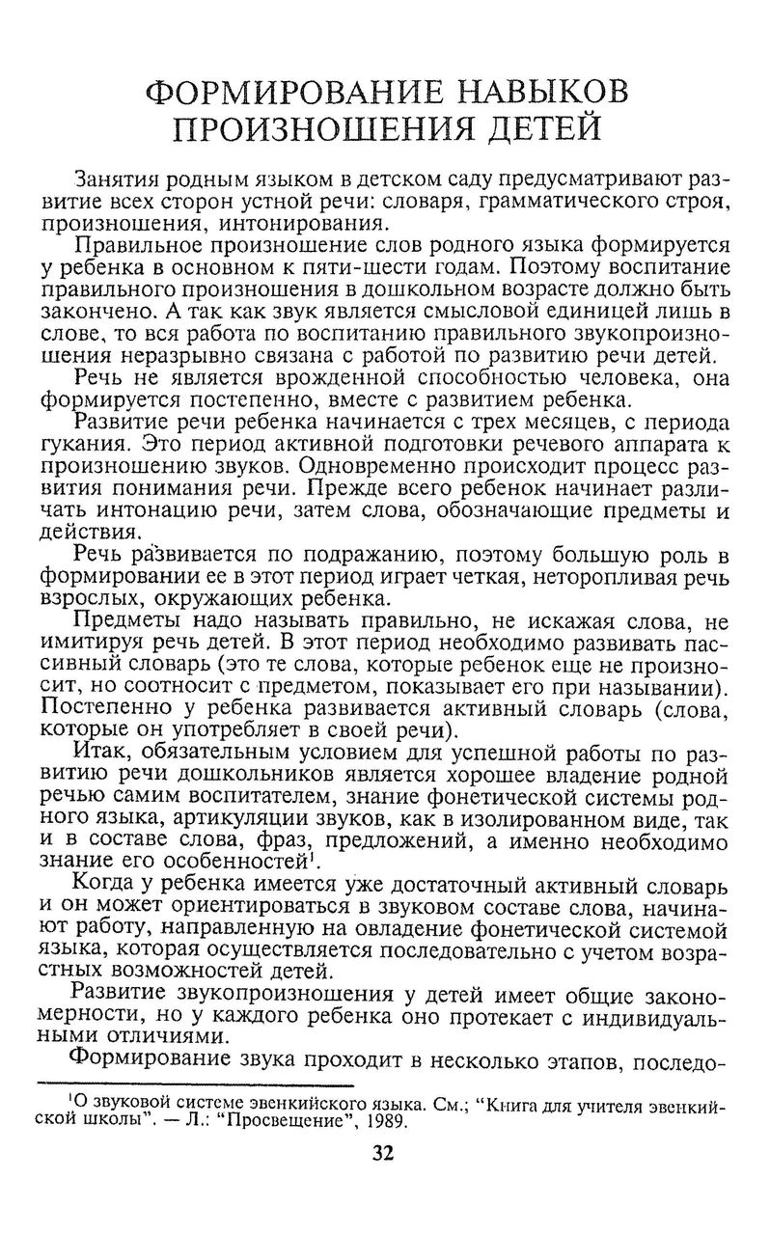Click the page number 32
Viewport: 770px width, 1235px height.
384,1153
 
